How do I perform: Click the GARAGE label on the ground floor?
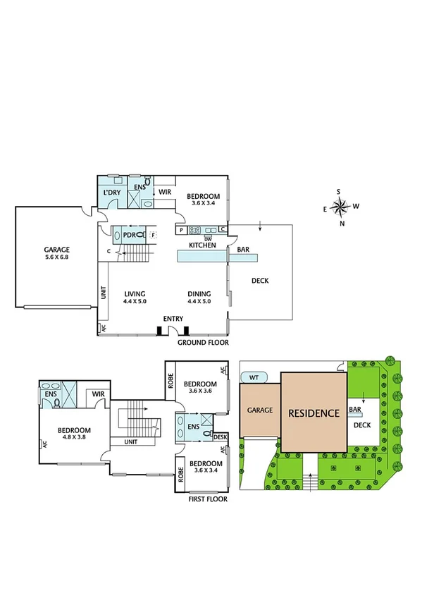[x=57, y=249]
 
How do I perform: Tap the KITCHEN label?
[x=202, y=245]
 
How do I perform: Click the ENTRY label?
[x=173, y=319]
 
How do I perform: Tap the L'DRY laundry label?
[x=111, y=193]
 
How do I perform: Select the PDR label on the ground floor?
[x=129, y=234]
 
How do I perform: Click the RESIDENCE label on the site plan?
[x=314, y=413]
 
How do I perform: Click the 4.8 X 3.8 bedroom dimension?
[x=72, y=437]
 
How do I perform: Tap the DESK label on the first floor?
[x=221, y=437]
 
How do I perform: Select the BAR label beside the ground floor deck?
[x=244, y=250]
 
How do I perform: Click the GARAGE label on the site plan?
[x=260, y=410]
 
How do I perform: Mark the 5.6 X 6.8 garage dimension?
[x=57, y=257]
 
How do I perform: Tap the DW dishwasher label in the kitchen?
[x=208, y=238]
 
